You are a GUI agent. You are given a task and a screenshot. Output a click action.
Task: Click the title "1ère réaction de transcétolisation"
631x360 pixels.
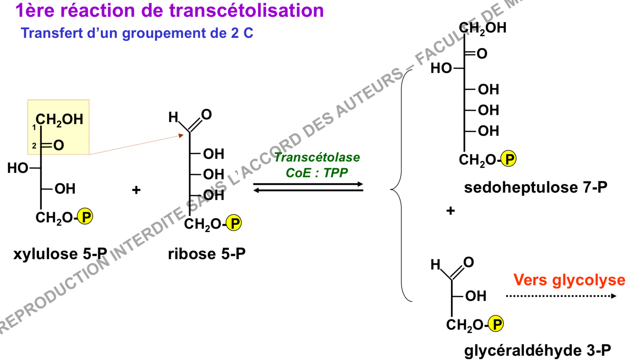(x=170, y=10)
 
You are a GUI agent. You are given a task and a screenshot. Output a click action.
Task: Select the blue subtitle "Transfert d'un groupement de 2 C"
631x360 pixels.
(x=137, y=33)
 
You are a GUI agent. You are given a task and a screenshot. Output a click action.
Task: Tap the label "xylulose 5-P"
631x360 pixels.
(x=60, y=254)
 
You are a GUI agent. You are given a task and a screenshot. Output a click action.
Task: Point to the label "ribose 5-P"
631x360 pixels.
(x=207, y=254)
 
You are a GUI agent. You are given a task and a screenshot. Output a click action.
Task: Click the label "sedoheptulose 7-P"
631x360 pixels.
(x=536, y=188)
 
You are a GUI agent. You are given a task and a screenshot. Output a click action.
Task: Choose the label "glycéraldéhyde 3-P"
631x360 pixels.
(x=538, y=351)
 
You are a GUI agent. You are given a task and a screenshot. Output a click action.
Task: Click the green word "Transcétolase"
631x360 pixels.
(x=317, y=157)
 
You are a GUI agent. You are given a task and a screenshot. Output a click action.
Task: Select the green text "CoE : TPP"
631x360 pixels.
(x=317, y=173)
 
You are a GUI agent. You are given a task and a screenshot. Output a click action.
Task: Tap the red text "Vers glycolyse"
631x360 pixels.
(x=569, y=280)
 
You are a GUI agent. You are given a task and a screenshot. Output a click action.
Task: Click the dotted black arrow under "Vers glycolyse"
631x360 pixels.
(x=561, y=296)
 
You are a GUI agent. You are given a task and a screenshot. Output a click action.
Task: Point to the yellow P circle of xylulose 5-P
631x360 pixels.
(x=85, y=216)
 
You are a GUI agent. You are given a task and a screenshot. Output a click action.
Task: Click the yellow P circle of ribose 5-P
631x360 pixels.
(x=234, y=223)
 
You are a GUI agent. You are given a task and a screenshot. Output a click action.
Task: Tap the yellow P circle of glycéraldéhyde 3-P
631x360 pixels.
(x=496, y=324)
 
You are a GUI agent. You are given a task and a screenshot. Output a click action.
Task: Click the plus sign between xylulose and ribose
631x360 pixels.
(x=136, y=190)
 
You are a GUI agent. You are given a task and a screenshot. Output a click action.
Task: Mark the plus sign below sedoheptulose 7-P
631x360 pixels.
(x=450, y=211)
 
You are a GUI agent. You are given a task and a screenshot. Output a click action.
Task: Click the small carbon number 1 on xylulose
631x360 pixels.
(x=34, y=127)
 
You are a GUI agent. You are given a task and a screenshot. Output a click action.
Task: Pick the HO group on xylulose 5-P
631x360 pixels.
(x=18, y=168)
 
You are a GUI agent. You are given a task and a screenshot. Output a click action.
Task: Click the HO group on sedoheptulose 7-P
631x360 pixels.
(x=441, y=68)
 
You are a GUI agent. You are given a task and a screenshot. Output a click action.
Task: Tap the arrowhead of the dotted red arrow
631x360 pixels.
(x=181, y=135)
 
